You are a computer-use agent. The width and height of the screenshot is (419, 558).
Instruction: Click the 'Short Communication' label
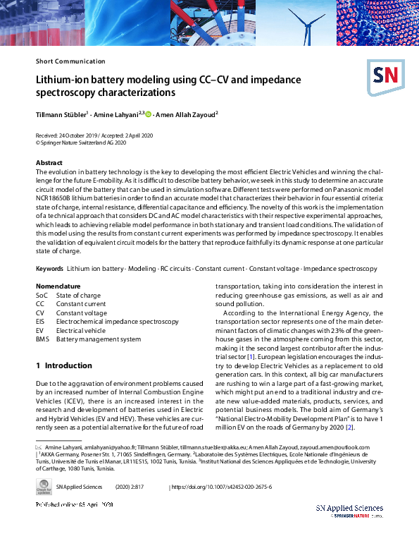pos(70,61)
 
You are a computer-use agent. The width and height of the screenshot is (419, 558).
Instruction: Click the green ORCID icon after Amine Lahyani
pos(148,113)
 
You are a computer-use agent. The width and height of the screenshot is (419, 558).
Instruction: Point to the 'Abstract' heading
pos(49,163)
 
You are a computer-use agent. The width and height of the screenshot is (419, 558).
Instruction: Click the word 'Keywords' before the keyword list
pos(49,269)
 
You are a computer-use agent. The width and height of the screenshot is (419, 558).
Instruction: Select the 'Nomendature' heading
pos(58,286)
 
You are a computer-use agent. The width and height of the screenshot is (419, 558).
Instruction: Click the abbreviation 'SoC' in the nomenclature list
pos(42,295)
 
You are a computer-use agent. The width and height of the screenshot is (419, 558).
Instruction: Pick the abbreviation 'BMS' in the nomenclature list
pos(43,339)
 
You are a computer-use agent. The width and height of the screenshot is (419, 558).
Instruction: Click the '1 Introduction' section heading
pos(64,365)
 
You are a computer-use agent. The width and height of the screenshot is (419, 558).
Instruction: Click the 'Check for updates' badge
pos(44,488)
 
